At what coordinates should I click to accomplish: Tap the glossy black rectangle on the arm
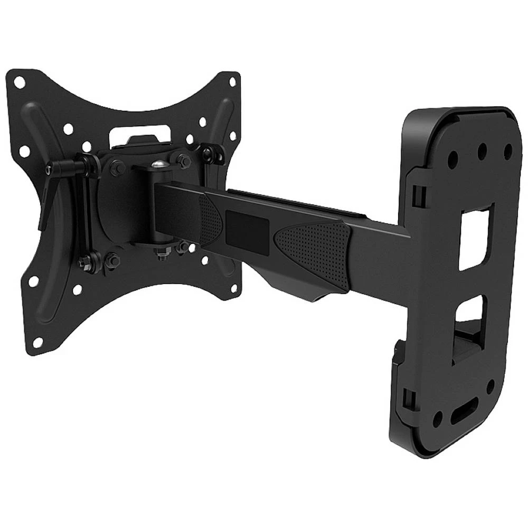(x=247, y=229)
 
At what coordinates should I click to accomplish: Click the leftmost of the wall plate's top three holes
(x=453, y=157)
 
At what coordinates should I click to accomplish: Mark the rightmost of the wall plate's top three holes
(x=508, y=150)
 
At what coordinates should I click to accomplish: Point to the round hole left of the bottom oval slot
(x=437, y=420)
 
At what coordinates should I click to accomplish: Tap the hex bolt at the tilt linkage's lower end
(x=84, y=260)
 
